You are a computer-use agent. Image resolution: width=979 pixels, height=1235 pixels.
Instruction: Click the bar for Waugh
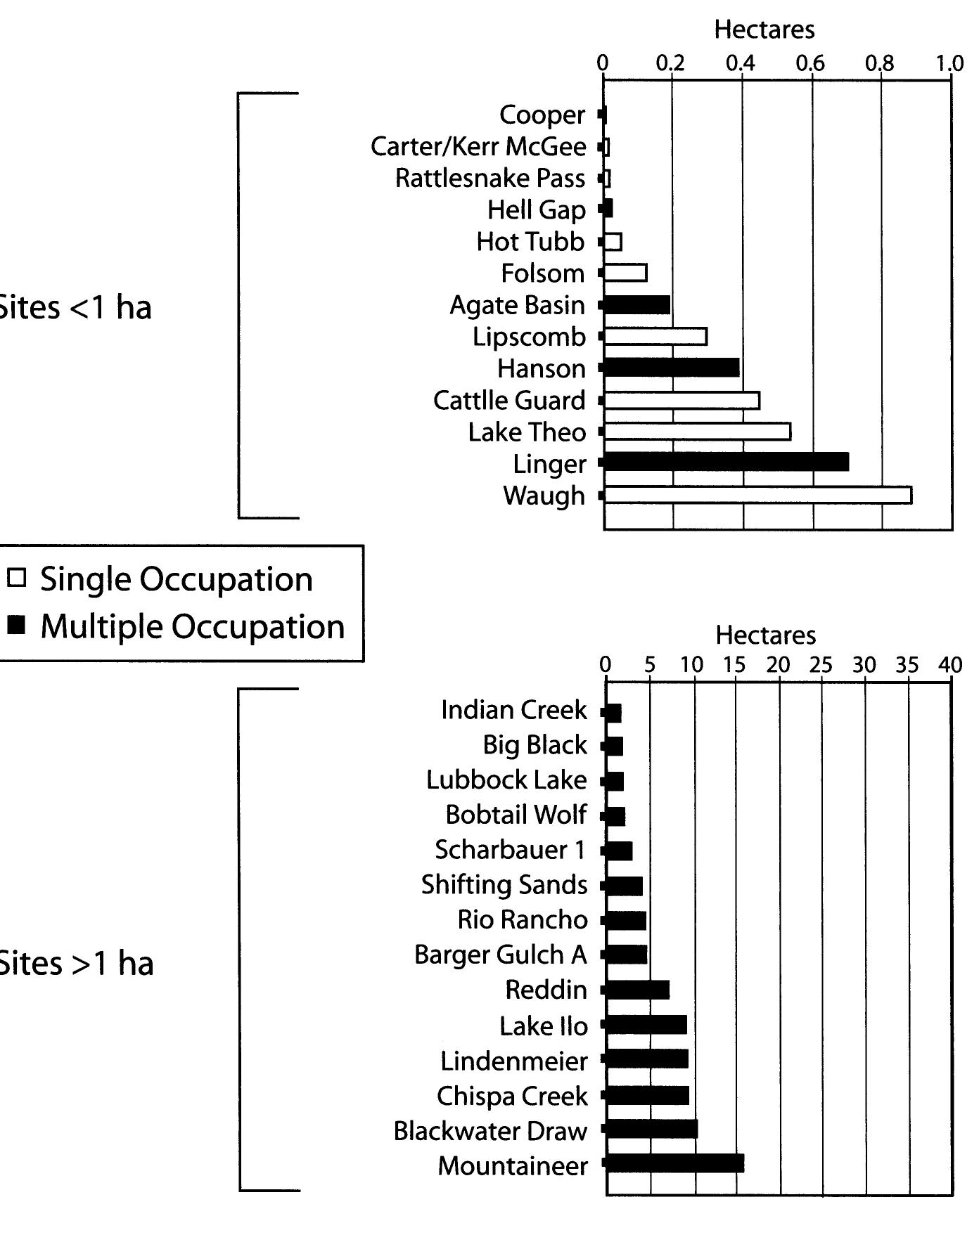click(x=757, y=495)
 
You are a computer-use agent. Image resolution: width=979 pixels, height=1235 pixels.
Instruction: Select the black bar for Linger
click(x=726, y=463)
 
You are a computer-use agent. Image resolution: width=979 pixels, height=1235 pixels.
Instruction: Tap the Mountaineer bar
click(x=674, y=1164)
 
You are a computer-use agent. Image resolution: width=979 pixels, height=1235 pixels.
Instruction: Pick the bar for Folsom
click(x=625, y=273)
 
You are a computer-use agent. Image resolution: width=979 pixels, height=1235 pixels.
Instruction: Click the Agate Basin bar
click(x=636, y=304)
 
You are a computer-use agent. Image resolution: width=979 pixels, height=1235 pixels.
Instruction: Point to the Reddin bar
click(x=637, y=990)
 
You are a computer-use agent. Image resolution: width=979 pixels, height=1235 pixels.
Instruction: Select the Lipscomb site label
click(x=529, y=337)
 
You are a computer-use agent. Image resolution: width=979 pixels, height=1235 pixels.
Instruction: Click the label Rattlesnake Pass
click(x=490, y=179)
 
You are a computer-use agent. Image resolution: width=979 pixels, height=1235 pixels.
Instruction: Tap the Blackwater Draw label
click(x=490, y=1131)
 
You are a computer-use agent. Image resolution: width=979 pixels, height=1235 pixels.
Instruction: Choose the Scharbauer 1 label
click(x=510, y=850)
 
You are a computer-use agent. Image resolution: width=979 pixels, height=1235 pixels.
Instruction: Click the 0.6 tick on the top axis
click(x=810, y=63)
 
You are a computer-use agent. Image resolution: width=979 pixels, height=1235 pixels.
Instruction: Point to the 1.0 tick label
click(x=949, y=63)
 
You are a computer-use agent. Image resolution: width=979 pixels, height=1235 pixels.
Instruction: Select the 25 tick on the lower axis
click(x=821, y=665)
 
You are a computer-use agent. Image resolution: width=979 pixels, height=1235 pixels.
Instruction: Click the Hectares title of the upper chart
click(x=764, y=30)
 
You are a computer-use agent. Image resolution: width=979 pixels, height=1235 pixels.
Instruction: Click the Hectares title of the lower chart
click(x=766, y=635)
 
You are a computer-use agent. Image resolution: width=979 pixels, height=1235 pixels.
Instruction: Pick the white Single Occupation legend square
click(x=17, y=578)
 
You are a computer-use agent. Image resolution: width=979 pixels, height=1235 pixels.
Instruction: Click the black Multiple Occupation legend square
click(x=17, y=625)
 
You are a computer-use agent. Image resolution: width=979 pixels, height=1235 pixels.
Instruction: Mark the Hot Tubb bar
click(x=613, y=242)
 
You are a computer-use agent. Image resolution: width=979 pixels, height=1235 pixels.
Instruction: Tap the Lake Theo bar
click(x=697, y=432)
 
